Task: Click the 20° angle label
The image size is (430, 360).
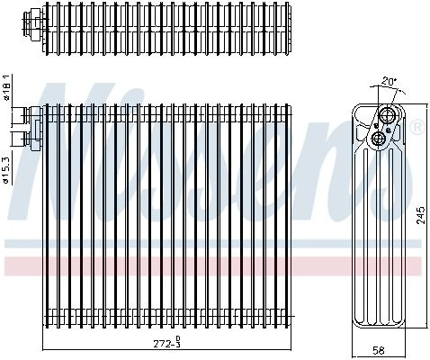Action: coord(390,81)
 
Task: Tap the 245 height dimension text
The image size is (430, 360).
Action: coord(421,215)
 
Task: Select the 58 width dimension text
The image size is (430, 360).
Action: coord(378,350)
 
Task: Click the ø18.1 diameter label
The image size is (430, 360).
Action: coord(7,87)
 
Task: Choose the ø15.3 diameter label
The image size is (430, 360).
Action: coord(6,169)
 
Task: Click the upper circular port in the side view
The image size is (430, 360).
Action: coord(387,114)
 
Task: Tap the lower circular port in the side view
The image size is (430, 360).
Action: coord(378,139)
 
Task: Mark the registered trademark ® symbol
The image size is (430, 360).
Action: coord(419,127)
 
